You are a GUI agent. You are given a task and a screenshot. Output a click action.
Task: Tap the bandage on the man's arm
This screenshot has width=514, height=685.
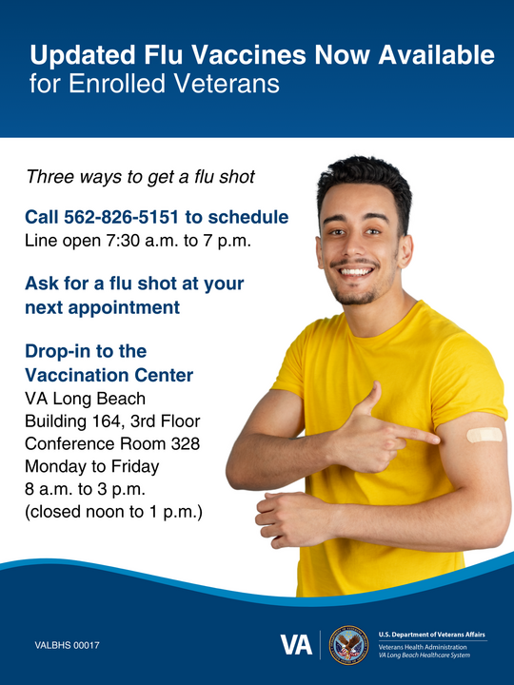click(x=484, y=435)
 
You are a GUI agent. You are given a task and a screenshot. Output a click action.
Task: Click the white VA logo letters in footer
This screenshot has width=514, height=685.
click(x=296, y=644)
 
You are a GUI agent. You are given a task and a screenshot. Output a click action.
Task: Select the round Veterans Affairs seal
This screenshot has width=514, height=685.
click(x=348, y=645)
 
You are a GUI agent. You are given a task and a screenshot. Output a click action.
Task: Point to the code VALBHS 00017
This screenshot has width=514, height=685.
click(x=68, y=646)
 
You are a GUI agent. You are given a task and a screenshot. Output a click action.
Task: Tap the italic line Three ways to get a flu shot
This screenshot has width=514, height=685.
click(x=140, y=177)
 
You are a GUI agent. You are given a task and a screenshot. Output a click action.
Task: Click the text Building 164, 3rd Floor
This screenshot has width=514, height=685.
click(x=112, y=421)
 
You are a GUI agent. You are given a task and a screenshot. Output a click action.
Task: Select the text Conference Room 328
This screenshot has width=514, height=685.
click(x=112, y=443)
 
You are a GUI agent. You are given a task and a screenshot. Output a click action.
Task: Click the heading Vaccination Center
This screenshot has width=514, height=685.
click(x=109, y=375)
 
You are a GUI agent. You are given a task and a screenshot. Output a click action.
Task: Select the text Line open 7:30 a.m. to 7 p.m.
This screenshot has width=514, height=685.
click(x=138, y=241)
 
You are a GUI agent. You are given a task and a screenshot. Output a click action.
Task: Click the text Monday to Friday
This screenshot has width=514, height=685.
click(x=91, y=466)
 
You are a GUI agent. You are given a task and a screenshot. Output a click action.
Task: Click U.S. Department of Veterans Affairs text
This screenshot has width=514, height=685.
click(x=432, y=634)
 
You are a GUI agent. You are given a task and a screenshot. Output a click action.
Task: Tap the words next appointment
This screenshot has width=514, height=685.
click(x=102, y=307)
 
